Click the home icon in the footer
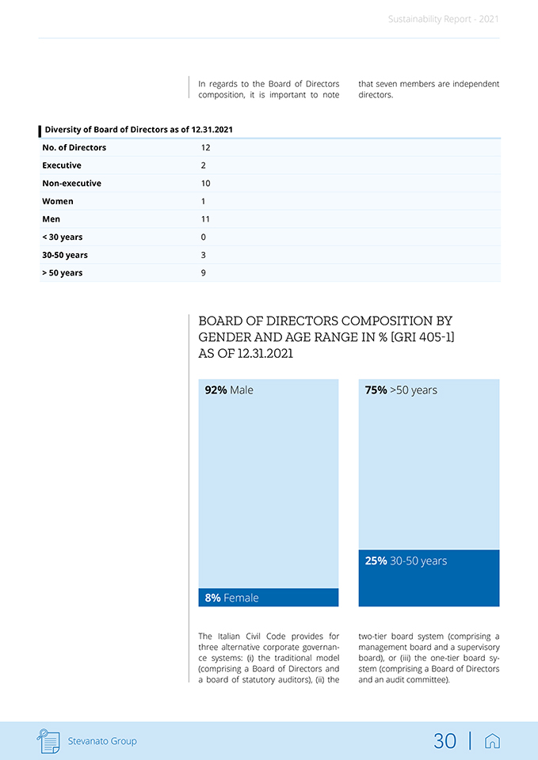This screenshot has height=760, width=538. (x=492, y=741)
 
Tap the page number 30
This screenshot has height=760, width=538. (x=445, y=741)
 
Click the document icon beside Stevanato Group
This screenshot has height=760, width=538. (x=49, y=741)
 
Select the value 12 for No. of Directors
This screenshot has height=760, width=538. (x=205, y=148)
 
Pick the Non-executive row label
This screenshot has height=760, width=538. (x=71, y=184)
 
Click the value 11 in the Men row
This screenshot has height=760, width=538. (x=205, y=219)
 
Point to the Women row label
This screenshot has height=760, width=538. (x=58, y=201)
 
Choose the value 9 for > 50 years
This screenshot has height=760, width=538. (x=204, y=273)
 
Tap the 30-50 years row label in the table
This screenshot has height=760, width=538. (x=65, y=255)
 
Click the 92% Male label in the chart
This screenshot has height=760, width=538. (x=229, y=390)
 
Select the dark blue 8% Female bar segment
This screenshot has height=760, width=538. (x=268, y=598)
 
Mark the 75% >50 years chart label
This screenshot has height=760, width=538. (x=401, y=390)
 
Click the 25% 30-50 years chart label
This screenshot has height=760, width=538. (x=406, y=561)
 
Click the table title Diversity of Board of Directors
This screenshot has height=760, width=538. (x=139, y=130)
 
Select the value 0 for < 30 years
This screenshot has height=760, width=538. (x=204, y=237)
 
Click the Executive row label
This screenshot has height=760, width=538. (x=62, y=165)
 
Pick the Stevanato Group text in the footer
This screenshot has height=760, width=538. (x=101, y=741)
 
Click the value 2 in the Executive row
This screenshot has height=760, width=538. (x=204, y=165)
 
